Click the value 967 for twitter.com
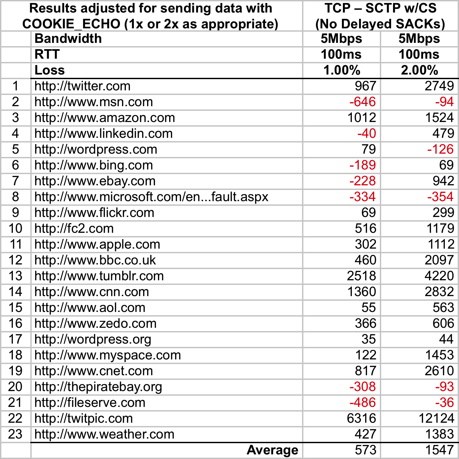[x=365, y=86]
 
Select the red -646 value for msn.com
[x=362, y=102]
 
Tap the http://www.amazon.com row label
[x=105, y=118]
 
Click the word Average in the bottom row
[x=272, y=450]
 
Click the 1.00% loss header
[x=342, y=70]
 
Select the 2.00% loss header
[x=419, y=70]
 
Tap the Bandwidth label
[x=68, y=39]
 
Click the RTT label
[x=47, y=54]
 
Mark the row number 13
[x=15, y=276]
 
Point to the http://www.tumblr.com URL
[x=99, y=276]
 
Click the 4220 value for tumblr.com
[x=439, y=276]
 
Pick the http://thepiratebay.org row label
[x=98, y=387]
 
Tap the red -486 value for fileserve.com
[x=362, y=403]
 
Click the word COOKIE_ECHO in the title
[x=71, y=24]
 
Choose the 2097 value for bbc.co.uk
[x=439, y=260]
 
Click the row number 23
[x=15, y=434]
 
